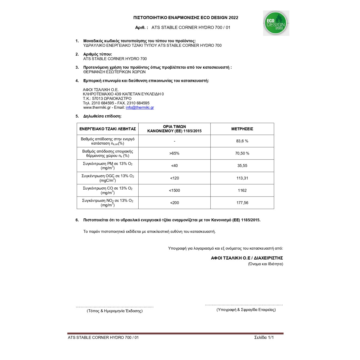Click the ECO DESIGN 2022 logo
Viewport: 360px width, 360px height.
pos(276,23)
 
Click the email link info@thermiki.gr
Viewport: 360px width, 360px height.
pos(140,107)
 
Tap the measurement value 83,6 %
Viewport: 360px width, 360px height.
pos(242,141)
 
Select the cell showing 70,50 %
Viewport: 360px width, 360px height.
pos(242,153)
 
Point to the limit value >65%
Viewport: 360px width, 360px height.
pos(174,153)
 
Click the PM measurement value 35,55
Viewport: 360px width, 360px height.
pos(242,166)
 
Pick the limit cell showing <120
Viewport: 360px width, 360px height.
pos(174,178)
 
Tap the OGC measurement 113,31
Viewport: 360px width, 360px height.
pos(242,178)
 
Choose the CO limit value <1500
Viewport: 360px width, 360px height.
pos(174,190)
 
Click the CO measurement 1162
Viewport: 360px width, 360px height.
pos(242,190)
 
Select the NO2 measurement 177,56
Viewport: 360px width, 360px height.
pos(242,203)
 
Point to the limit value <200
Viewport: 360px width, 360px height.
pos(174,203)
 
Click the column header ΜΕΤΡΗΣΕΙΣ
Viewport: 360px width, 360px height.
pos(242,129)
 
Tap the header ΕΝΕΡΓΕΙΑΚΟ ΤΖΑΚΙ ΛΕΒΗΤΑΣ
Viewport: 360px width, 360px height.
pos(108,129)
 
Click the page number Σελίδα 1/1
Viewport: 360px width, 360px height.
pos(264,337)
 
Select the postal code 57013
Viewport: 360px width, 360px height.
pos(97,98)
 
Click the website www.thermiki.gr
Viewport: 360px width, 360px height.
pos(97,107)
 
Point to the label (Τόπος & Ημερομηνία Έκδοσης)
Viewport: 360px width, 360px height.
pos(115,311)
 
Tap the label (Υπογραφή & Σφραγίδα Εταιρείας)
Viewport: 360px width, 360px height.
pos(246,310)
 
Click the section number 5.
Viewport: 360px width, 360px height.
pos(77,116)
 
